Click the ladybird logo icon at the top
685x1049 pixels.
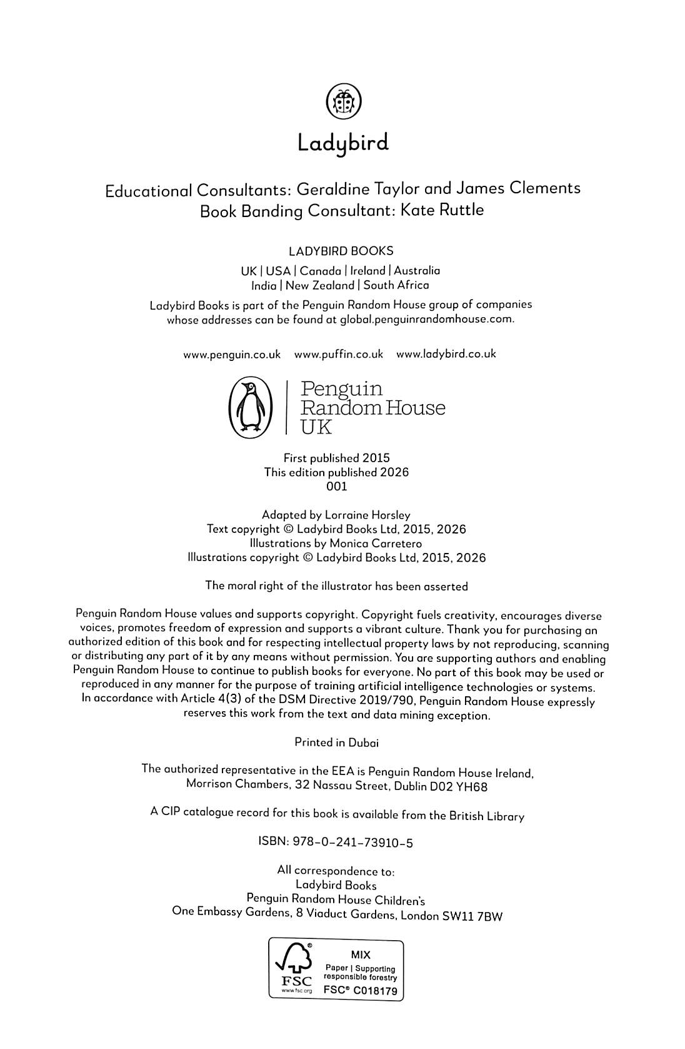click(x=344, y=101)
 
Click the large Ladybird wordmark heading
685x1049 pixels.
click(x=342, y=143)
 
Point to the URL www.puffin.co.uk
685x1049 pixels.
click(x=338, y=354)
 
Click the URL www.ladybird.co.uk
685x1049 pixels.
click(x=446, y=353)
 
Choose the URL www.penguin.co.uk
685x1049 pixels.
click(x=232, y=355)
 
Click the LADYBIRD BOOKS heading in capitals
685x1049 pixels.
click(x=341, y=251)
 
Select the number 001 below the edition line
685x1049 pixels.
click(x=337, y=486)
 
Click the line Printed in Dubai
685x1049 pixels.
click(x=336, y=742)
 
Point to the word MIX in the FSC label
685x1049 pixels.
click(x=361, y=955)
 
